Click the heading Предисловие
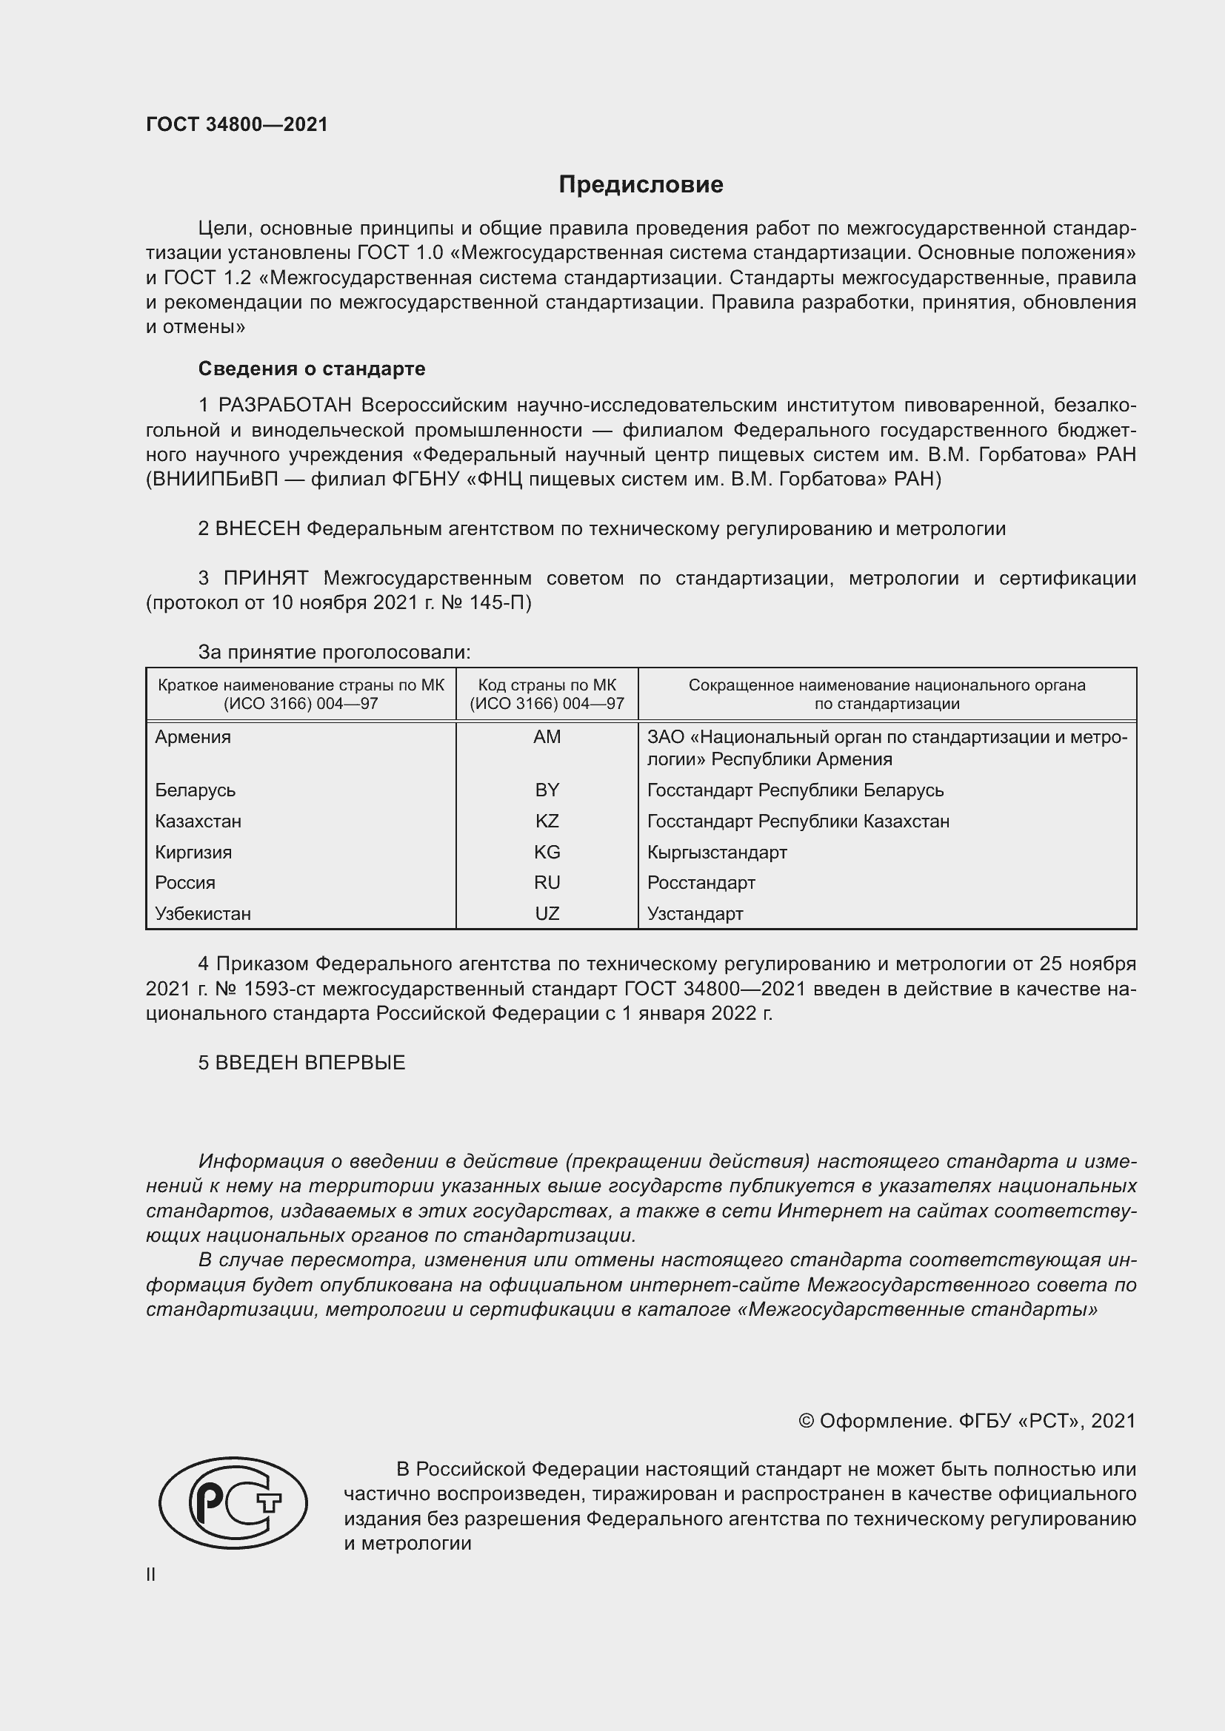click(x=641, y=185)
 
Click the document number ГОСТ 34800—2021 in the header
click(x=237, y=124)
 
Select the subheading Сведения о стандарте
click(x=312, y=369)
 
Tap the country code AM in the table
click(x=547, y=737)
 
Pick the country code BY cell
click(x=547, y=790)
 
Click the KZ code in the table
click(x=547, y=821)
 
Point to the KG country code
click(x=547, y=852)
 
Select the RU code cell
click(x=547, y=883)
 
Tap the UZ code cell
click(x=547, y=914)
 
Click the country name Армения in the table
click(x=193, y=737)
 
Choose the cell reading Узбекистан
click(x=203, y=914)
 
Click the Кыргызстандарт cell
click(x=717, y=853)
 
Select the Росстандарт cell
click(x=701, y=883)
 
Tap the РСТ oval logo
click(x=233, y=1503)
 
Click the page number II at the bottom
click(x=151, y=1574)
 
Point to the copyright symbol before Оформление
click(x=806, y=1421)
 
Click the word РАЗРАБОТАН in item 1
click(x=285, y=406)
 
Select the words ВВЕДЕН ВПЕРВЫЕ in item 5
click(x=310, y=1063)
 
